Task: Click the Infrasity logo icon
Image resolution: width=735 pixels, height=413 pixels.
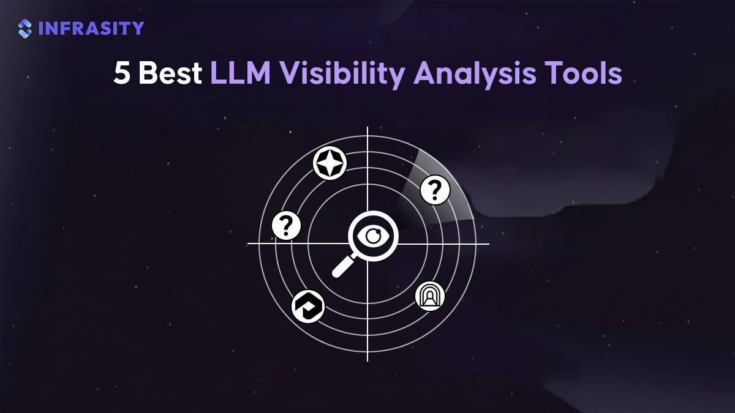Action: [x=25, y=29]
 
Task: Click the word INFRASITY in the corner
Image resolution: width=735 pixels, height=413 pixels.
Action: [x=91, y=28]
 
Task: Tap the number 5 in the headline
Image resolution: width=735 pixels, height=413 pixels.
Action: [x=121, y=73]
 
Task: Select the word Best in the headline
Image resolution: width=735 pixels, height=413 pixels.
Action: [x=170, y=73]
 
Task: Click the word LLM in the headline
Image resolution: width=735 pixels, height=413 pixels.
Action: [x=241, y=73]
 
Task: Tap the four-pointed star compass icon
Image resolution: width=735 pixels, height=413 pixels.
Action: [x=330, y=163]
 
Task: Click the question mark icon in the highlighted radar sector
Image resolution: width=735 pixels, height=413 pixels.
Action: [x=435, y=190]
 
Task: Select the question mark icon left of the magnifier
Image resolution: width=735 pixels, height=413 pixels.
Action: [x=286, y=226]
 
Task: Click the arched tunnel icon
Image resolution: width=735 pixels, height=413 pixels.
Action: [x=430, y=296]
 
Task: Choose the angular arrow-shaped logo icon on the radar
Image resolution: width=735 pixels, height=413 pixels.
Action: [x=308, y=307]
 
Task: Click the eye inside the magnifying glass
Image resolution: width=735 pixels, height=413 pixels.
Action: [x=373, y=236]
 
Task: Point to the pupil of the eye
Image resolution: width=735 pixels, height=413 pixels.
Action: [x=373, y=236]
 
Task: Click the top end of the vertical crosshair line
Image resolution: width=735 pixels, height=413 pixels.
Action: [x=367, y=127]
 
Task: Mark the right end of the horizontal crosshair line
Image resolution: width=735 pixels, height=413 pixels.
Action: [x=489, y=244]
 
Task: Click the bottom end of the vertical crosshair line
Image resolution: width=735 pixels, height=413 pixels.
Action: [x=367, y=361]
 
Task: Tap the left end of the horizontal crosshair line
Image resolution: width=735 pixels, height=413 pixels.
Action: [x=247, y=244]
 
